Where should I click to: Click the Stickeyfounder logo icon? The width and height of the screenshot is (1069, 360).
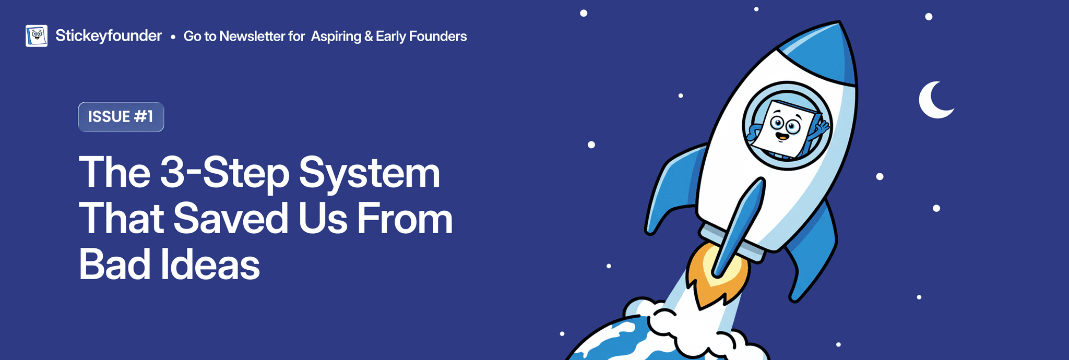(37, 35)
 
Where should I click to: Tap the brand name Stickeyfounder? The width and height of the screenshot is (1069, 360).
(109, 35)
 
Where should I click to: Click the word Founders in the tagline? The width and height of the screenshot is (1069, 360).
(438, 36)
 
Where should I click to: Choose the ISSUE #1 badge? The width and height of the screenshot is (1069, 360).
(121, 117)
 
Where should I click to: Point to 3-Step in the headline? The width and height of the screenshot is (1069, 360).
(224, 173)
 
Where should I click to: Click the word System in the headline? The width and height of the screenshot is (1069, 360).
(370, 173)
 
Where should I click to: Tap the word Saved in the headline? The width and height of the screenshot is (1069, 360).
(230, 218)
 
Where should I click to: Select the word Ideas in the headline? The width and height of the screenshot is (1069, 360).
(210, 264)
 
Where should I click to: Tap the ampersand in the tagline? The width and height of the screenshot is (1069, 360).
(369, 37)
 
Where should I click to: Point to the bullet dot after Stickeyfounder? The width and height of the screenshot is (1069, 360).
(173, 37)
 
